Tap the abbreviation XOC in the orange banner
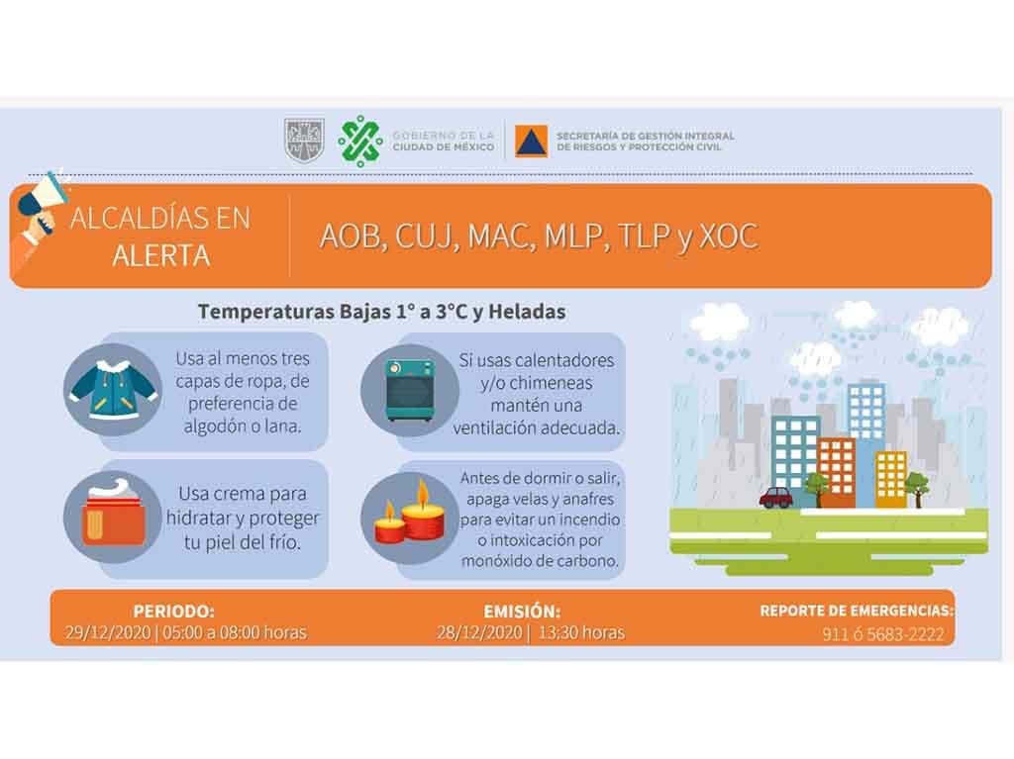(729, 236)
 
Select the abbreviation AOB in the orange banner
(351, 236)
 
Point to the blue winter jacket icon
(113, 390)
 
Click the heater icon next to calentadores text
(409, 391)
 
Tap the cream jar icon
(113, 513)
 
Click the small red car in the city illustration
(777, 497)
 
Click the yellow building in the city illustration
(890, 478)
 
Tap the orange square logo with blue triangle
(531, 141)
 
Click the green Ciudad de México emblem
(360, 141)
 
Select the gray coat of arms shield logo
(304, 141)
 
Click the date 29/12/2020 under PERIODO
(107, 632)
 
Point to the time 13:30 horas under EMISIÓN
(581, 632)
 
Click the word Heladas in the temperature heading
(527, 312)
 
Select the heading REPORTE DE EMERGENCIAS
(857, 611)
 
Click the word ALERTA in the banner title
(161, 256)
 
